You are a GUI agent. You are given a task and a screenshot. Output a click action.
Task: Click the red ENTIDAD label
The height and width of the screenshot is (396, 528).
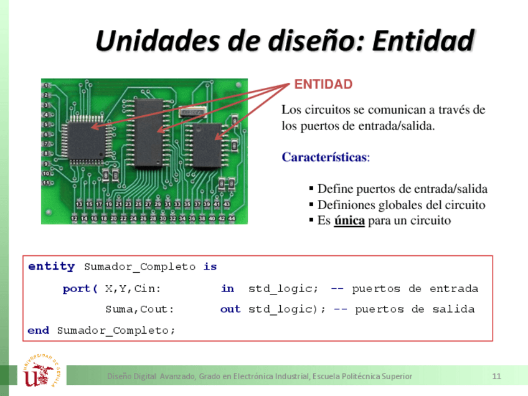pyautogui.click(x=323, y=85)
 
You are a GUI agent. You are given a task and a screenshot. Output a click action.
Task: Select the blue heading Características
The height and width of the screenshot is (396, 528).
pyautogui.click(x=324, y=157)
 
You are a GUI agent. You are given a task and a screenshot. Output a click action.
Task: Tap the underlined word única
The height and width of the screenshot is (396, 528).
pyautogui.click(x=349, y=220)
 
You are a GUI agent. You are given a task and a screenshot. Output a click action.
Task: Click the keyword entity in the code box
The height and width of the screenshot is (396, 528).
pyautogui.click(x=51, y=266)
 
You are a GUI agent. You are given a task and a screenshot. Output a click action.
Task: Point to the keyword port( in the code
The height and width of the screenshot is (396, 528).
pyautogui.click(x=80, y=289)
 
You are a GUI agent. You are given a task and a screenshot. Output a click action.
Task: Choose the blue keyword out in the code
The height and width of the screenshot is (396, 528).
pyautogui.click(x=230, y=309)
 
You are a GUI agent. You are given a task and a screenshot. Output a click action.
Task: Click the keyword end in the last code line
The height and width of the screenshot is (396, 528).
pyautogui.click(x=38, y=331)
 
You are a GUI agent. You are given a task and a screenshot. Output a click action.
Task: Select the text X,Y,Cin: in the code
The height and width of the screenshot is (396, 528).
pyautogui.click(x=133, y=289)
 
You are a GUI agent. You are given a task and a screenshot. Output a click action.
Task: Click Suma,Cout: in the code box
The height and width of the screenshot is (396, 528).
pyautogui.click(x=139, y=309)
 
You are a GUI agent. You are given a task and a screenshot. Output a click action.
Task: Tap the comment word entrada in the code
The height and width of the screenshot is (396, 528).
pyautogui.click(x=454, y=289)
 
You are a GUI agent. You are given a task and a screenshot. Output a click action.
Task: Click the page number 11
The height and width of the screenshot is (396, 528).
pyautogui.click(x=496, y=376)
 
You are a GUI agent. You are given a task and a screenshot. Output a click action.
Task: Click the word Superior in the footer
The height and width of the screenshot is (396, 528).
pyautogui.click(x=396, y=376)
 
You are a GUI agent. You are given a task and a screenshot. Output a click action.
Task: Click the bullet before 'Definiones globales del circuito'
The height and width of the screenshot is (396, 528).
pyautogui.click(x=311, y=205)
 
